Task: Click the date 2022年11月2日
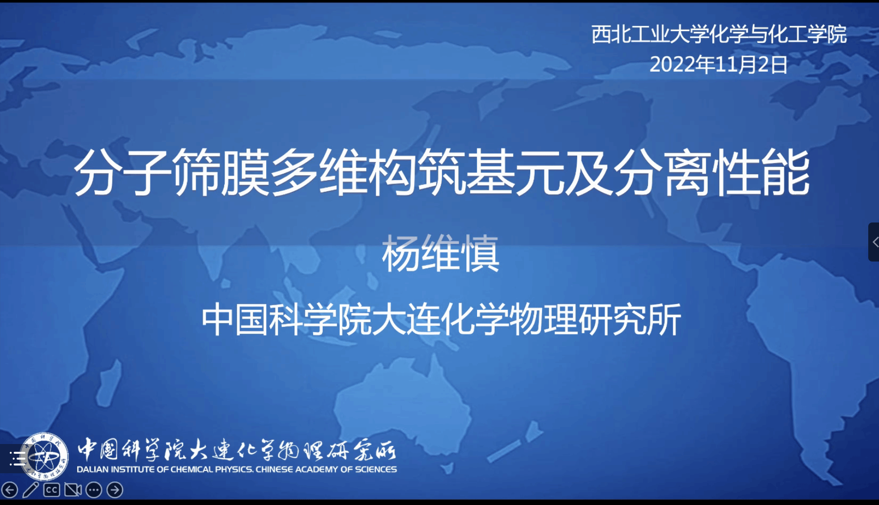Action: point(718,64)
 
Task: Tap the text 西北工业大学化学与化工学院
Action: point(719,34)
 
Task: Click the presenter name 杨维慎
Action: point(440,253)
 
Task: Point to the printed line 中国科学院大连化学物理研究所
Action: point(441,320)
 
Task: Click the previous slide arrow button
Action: point(10,489)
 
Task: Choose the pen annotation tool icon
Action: point(30,489)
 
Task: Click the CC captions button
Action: point(51,489)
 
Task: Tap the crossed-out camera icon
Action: point(73,489)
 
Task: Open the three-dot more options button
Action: point(94,489)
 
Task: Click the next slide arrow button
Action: point(115,489)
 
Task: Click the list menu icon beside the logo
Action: point(18,459)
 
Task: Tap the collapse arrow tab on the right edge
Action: point(874,242)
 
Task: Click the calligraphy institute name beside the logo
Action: point(237,449)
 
